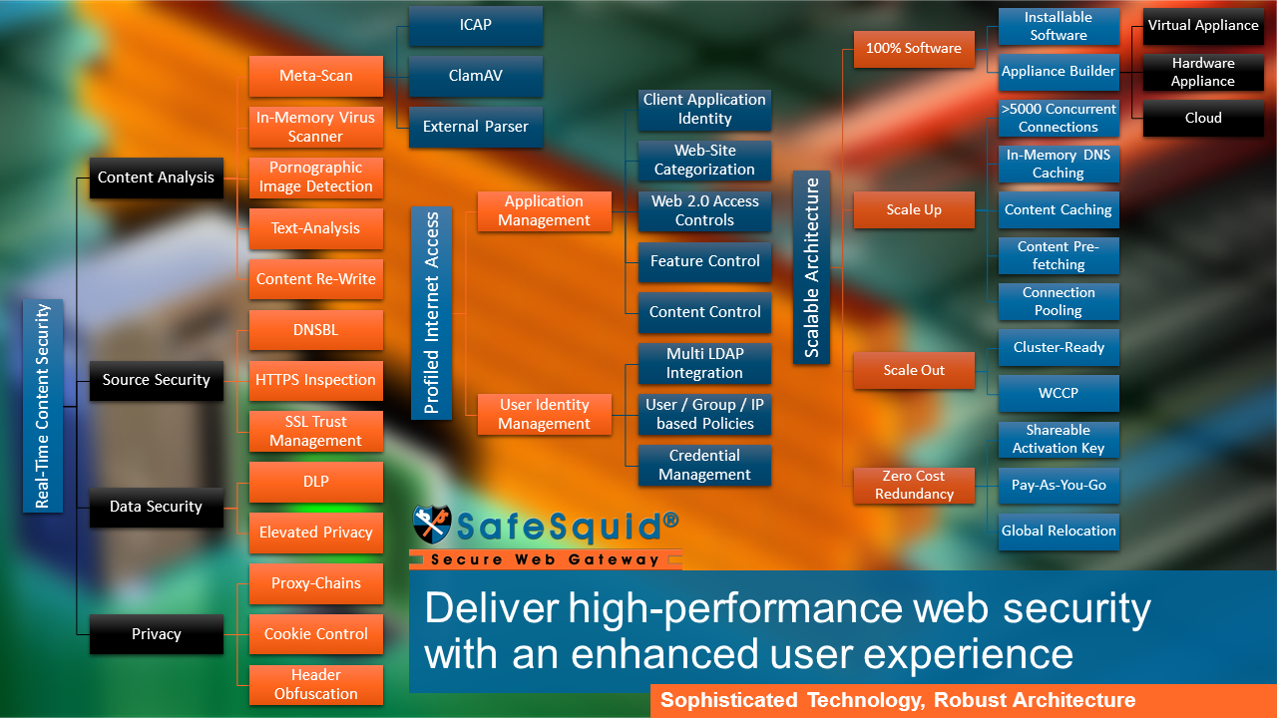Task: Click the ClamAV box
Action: point(476,76)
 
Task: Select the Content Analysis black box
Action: point(157,178)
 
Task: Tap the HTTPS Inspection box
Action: point(316,380)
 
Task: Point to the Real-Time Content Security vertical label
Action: point(43,406)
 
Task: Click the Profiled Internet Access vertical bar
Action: point(432,313)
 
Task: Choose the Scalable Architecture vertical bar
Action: point(811,267)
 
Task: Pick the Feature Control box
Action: point(704,261)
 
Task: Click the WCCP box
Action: point(1059,393)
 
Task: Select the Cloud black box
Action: point(1203,118)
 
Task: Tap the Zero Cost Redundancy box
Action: point(914,485)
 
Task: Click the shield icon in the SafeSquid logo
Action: point(432,524)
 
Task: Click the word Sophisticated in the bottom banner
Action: point(728,700)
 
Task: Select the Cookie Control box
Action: point(316,634)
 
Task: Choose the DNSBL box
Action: point(316,330)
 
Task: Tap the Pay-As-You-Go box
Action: point(1059,485)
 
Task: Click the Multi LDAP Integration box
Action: point(704,364)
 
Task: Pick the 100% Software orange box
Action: point(914,49)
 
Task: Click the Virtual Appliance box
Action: point(1203,26)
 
